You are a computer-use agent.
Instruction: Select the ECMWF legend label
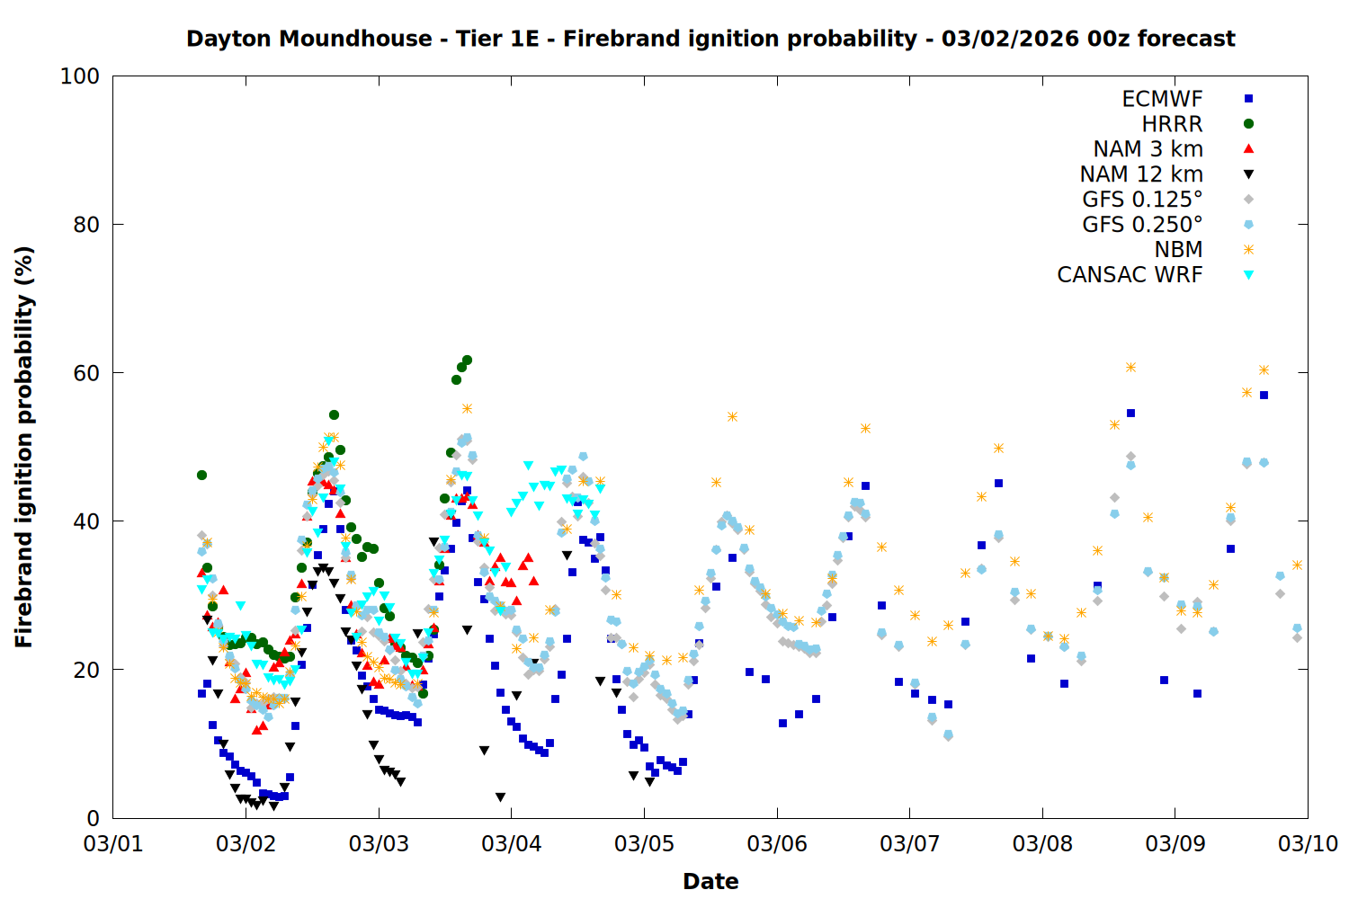point(1162,99)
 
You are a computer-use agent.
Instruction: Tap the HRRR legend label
point(1172,124)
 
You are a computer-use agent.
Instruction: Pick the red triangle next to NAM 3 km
point(1248,149)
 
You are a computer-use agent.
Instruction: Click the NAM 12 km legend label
point(1141,174)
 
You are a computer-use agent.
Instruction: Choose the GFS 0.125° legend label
point(1142,200)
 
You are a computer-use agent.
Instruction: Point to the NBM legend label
point(1178,250)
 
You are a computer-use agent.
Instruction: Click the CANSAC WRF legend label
point(1130,275)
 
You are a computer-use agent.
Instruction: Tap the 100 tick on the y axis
point(80,76)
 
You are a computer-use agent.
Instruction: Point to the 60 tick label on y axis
point(86,373)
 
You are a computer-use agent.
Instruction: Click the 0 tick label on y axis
point(93,818)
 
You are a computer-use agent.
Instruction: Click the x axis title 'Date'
point(710,881)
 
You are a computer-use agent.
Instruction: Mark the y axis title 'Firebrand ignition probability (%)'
point(23,447)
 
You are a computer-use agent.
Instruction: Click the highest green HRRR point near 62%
point(467,360)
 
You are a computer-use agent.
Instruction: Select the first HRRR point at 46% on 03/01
point(201,475)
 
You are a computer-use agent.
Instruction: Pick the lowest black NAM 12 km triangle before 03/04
point(500,797)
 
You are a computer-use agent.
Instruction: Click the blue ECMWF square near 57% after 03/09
point(1264,395)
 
